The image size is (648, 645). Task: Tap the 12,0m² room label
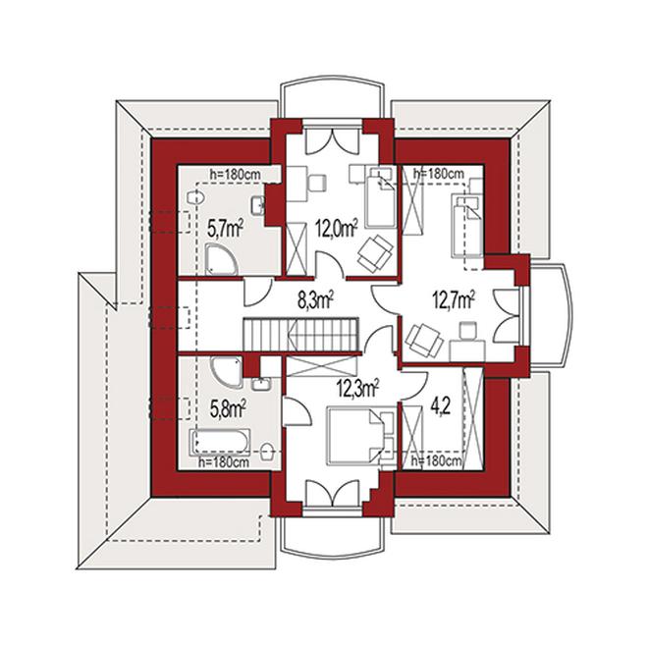click(x=337, y=228)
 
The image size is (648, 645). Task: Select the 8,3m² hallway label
click(x=316, y=300)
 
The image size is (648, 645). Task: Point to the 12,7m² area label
click(x=454, y=299)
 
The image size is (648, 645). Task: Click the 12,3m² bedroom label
click(x=358, y=389)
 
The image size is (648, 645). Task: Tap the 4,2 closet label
click(x=440, y=408)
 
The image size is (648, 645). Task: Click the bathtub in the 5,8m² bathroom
click(x=220, y=442)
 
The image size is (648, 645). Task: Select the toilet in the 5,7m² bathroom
click(x=195, y=197)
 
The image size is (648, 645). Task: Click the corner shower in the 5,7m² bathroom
click(x=221, y=259)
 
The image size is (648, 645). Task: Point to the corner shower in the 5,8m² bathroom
click(x=227, y=372)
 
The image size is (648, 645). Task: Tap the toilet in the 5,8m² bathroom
click(x=268, y=451)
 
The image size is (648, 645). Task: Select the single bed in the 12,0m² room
click(x=381, y=197)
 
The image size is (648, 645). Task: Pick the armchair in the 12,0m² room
click(x=375, y=253)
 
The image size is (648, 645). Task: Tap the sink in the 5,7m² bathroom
click(x=258, y=205)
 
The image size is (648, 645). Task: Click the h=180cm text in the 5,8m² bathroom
click(x=224, y=462)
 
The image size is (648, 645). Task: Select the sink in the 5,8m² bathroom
click(x=261, y=384)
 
